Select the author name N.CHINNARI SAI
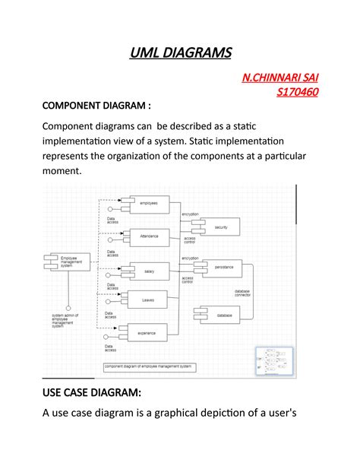pos(279,78)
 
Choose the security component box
pos(220,227)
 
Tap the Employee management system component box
pos(69,262)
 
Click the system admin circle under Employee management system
pos(68,308)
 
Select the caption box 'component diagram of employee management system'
pos(149,366)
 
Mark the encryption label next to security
pos(190,214)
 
